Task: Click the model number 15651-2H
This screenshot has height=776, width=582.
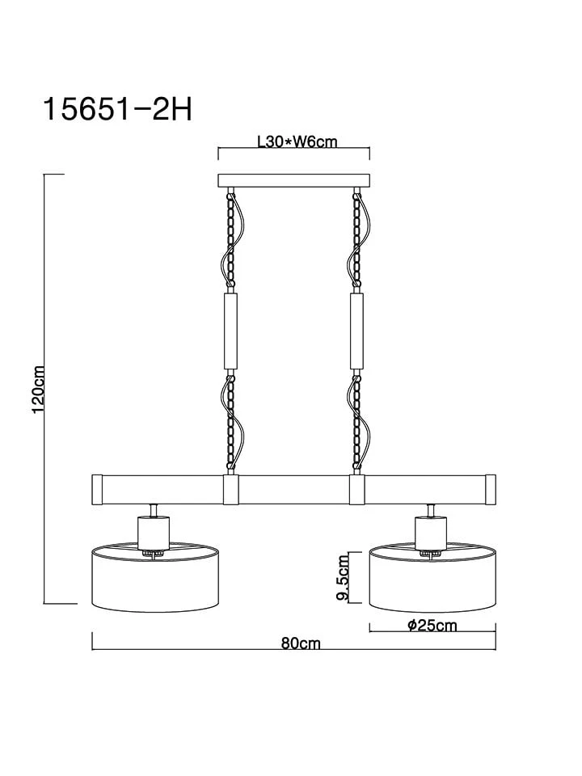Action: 117,108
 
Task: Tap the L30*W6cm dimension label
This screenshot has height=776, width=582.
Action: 296,142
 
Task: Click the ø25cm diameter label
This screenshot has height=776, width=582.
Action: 432,625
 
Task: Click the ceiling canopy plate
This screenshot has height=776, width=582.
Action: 294,181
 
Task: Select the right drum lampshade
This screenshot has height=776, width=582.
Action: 432,575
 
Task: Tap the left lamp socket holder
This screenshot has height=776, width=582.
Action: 151,533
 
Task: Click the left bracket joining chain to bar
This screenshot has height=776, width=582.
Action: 230,489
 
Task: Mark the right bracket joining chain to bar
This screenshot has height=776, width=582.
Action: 357,489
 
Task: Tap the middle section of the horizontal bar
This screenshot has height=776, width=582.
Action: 294,489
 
